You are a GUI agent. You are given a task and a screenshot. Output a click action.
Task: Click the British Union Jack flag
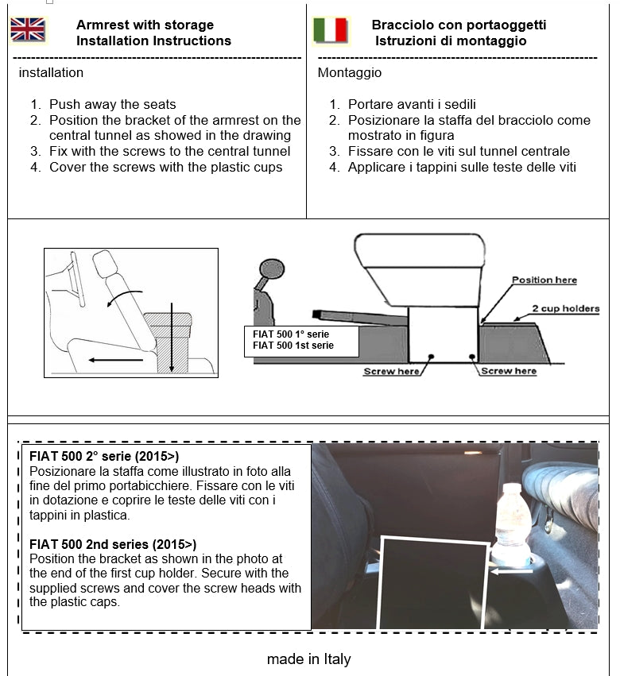click(x=28, y=30)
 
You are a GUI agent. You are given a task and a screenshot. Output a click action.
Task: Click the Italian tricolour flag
click(x=331, y=30)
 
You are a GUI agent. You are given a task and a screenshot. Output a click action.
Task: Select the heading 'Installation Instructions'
click(x=153, y=41)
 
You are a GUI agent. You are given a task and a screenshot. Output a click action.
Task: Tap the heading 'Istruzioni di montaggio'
click(x=451, y=41)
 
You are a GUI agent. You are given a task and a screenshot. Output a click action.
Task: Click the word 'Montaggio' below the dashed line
click(x=349, y=73)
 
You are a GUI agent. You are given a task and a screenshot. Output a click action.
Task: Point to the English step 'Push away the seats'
click(x=112, y=104)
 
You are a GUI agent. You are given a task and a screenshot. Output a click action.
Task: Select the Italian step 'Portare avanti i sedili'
click(x=412, y=104)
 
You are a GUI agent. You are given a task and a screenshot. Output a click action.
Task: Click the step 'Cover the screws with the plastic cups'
click(x=165, y=167)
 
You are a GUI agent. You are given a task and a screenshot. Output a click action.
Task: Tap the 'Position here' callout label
click(x=544, y=280)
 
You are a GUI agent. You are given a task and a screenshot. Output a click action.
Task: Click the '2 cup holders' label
click(x=565, y=308)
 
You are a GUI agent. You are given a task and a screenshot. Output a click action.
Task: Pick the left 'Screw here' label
click(x=390, y=371)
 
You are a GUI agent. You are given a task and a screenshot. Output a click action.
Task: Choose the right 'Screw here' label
click(x=509, y=371)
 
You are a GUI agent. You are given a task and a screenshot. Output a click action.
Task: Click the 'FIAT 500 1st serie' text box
click(x=300, y=340)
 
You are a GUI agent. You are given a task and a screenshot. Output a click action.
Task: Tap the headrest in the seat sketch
click(x=105, y=263)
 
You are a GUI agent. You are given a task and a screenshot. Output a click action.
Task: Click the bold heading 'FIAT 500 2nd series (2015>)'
click(x=112, y=544)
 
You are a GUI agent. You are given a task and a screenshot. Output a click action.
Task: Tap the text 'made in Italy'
click(x=308, y=659)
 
